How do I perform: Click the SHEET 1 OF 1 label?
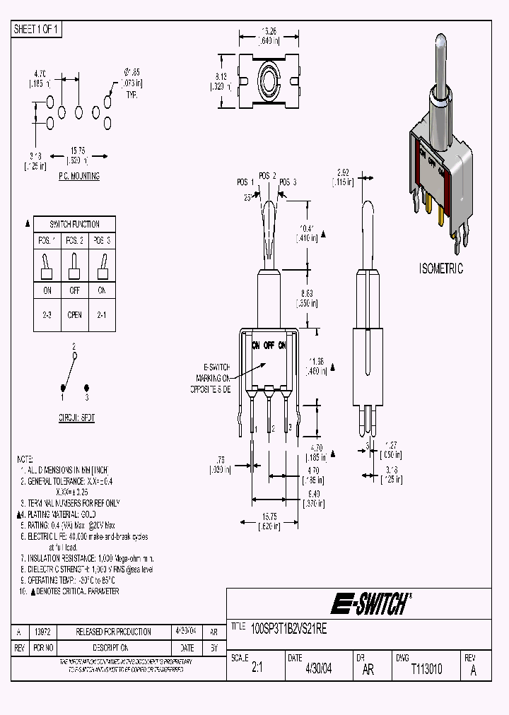(x=37, y=30)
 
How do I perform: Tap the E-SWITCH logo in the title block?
(x=370, y=604)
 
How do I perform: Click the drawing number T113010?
(x=426, y=668)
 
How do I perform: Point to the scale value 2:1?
(x=257, y=668)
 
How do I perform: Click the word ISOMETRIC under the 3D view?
(x=440, y=268)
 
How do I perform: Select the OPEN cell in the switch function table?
(x=74, y=315)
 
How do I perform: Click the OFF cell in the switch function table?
(x=74, y=290)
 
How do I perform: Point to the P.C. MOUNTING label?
(x=78, y=177)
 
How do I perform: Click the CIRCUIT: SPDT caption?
(x=76, y=418)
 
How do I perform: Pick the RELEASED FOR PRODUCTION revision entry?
(x=113, y=632)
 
